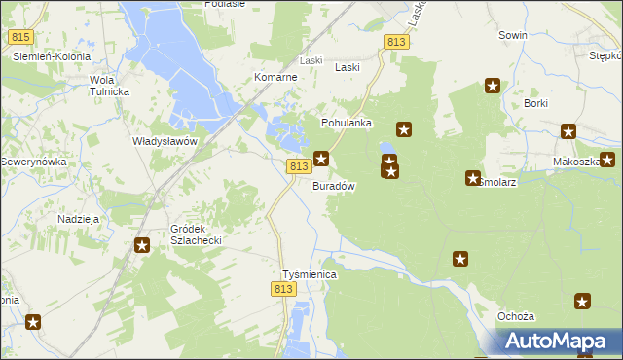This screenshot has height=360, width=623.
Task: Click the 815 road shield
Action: pyautogui.click(x=20, y=37)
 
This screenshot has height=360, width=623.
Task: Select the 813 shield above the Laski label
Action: pyautogui.click(x=395, y=42)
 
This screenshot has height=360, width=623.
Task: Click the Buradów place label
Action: pyautogui.click(x=333, y=186)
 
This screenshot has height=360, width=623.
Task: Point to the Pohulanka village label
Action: pyautogui.click(x=347, y=124)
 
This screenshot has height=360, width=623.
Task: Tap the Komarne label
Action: pyautogui.click(x=275, y=77)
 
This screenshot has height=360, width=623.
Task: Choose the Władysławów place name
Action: pyautogui.click(x=165, y=141)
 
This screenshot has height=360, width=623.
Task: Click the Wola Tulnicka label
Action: pyautogui.click(x=109, y=86)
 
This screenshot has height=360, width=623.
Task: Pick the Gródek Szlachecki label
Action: pyautogui.click(x=197, y=233)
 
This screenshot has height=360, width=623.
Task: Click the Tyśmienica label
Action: pyautogui.click(x=309, y=275)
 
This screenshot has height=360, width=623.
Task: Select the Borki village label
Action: pyautogui.click(x=536, y=103)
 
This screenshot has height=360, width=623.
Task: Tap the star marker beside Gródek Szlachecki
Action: pyautogui.click(x=142, y=246)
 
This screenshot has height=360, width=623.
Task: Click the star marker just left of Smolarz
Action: pyautogui.click(x=471, y=179)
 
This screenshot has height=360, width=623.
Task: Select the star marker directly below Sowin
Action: pyautogui.click(x=493, y=87)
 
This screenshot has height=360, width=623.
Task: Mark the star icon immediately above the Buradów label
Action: pyautogui.click(x=321, y=158)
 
